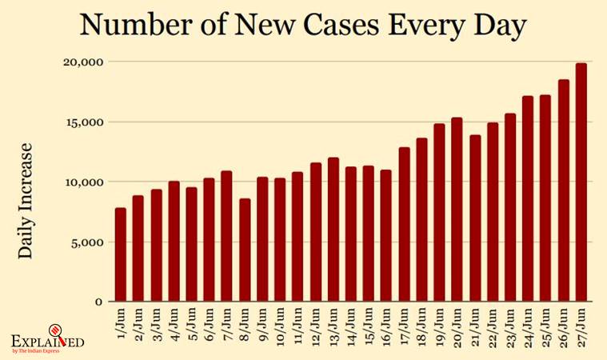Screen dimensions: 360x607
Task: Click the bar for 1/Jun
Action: click(121, 254)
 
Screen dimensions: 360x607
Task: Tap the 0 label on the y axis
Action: click(98, 302)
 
